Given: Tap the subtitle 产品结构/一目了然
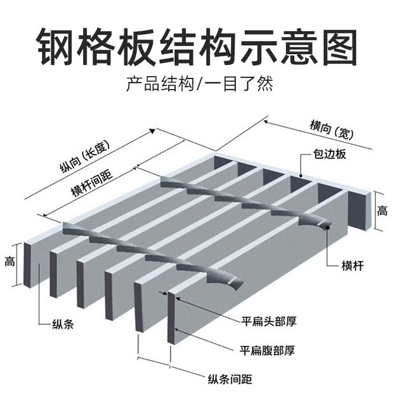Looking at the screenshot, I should (x=200, y=84).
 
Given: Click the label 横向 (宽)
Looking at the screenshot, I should (x=331, y=129).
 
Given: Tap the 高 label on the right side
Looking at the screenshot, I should (x=383, y=211).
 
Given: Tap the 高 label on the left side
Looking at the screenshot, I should (x=10, y=260).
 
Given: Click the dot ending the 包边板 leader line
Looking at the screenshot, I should (x=300, y=175).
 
